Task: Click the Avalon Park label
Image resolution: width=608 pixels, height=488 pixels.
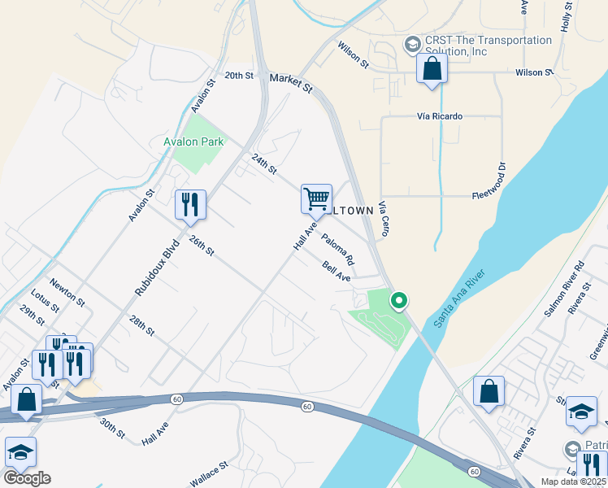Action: click(193, 141)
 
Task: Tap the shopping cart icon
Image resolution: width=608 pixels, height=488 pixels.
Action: click(316, 198)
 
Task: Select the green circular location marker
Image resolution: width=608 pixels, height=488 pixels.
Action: click(398, 300)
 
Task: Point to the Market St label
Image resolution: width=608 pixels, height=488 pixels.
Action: click(290, 82)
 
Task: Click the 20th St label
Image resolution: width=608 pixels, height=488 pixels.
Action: click(240, 75)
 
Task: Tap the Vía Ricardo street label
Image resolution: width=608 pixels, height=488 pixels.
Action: click(439, 116)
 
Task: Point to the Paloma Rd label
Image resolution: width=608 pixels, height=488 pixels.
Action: click(337, 250)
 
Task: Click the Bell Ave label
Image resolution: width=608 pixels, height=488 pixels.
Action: click(336, 272)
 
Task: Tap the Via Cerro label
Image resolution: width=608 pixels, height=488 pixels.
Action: click(384, 220)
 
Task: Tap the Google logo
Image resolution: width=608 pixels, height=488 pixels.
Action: click(27, 477)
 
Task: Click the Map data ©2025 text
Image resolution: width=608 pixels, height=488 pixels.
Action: click(572, 481)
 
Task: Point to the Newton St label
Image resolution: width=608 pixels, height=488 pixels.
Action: click(67, 290)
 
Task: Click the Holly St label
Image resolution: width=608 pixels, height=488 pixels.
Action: click(567, 16)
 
